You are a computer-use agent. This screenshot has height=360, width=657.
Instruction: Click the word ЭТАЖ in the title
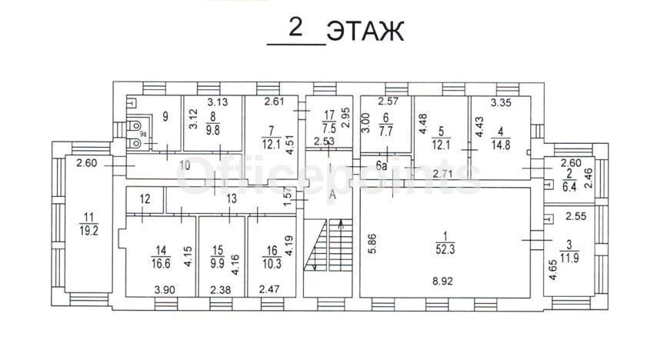[x=365, y=31]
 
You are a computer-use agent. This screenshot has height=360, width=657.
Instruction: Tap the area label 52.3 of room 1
[x=445, y=250]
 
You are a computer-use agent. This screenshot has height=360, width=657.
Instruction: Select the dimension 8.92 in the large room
[x=443, y=281]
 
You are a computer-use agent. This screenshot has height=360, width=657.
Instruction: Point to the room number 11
[x=88, y=218]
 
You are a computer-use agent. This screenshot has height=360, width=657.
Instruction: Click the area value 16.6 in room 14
[x=161, y=263]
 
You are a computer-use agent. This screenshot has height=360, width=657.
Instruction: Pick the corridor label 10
[x=185, y=165]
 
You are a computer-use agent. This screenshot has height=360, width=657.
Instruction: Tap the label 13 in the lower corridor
[x=232, y=198]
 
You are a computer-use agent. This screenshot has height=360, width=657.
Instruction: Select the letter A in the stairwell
[x=332, y=195]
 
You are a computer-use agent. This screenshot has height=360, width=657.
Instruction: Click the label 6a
[x=382, y=166]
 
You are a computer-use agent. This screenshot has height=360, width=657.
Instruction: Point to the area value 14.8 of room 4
[x=501, y=145]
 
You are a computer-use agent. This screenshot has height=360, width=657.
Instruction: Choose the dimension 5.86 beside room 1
[x=372, y=244]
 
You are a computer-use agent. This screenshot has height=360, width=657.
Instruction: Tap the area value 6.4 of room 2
[x=569, y=187]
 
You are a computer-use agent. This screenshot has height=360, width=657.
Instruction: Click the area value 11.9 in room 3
[x=569, y=258]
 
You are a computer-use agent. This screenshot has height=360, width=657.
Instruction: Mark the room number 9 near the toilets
[x=165, y=116]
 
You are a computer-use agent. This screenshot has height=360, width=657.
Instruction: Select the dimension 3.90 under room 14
[x=165, y=289]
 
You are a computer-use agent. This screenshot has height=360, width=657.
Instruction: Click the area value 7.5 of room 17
[x=329, y=128]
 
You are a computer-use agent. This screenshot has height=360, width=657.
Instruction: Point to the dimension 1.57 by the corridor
[x=288, y=197]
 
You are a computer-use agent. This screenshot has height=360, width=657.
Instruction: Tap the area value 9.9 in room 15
[x=218, y=264]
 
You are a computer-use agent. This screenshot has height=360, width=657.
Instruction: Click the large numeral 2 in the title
[x=296, y=28]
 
